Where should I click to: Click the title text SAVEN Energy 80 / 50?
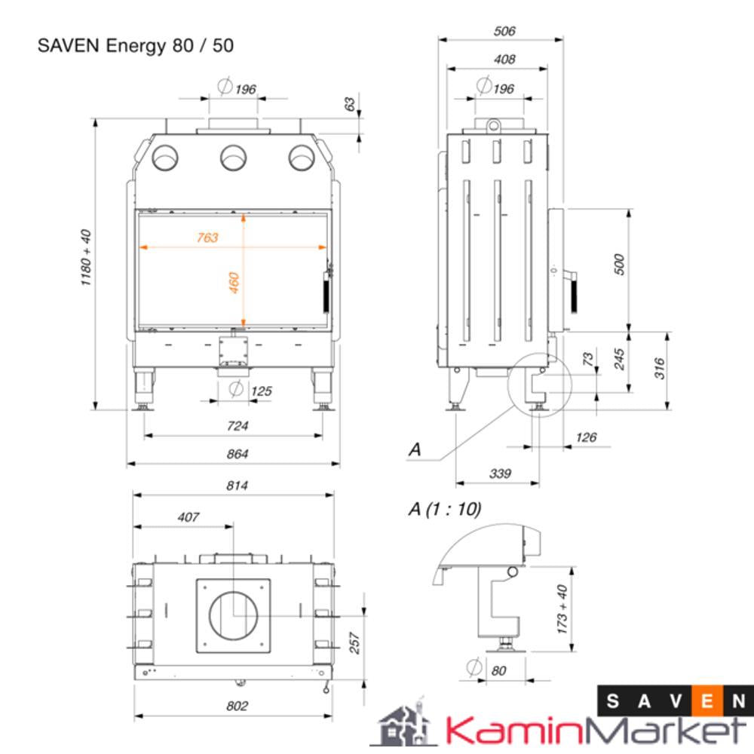click(136, 46)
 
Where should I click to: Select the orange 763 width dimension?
click(207, 238)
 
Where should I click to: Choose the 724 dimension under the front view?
click(237, 426)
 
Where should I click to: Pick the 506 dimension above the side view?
click(504, 32)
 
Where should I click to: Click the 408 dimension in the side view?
click(504, 60)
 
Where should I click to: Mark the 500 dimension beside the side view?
click(620, 265)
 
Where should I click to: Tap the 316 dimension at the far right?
click(661, 368)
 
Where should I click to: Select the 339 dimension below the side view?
click(500, 474)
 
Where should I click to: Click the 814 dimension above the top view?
click(237, 486)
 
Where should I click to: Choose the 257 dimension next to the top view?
click(356, 642)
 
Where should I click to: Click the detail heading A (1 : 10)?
click(444, 509)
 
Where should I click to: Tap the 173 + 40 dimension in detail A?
click(562, 609)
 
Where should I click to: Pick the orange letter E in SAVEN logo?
click(708, 701)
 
